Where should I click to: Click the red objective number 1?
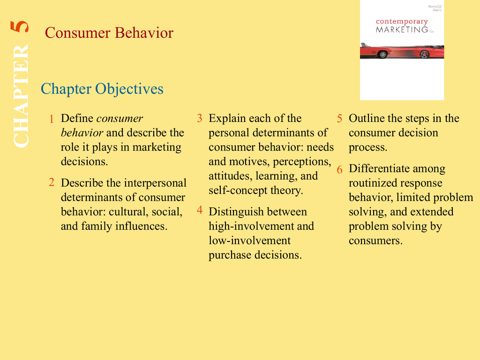point(52,119)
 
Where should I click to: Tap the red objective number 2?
point(52,182)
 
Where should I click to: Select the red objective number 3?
point(200,118)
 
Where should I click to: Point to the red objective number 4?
point(200,210)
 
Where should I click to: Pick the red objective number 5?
point(339,119)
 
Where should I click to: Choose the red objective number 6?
point(339,169)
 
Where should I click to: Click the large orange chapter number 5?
point(20,27)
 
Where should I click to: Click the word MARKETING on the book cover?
point(402,30)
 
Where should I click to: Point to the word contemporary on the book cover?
point(402,22)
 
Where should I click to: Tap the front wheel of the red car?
point(382,55)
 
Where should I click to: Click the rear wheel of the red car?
point(425,55)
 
